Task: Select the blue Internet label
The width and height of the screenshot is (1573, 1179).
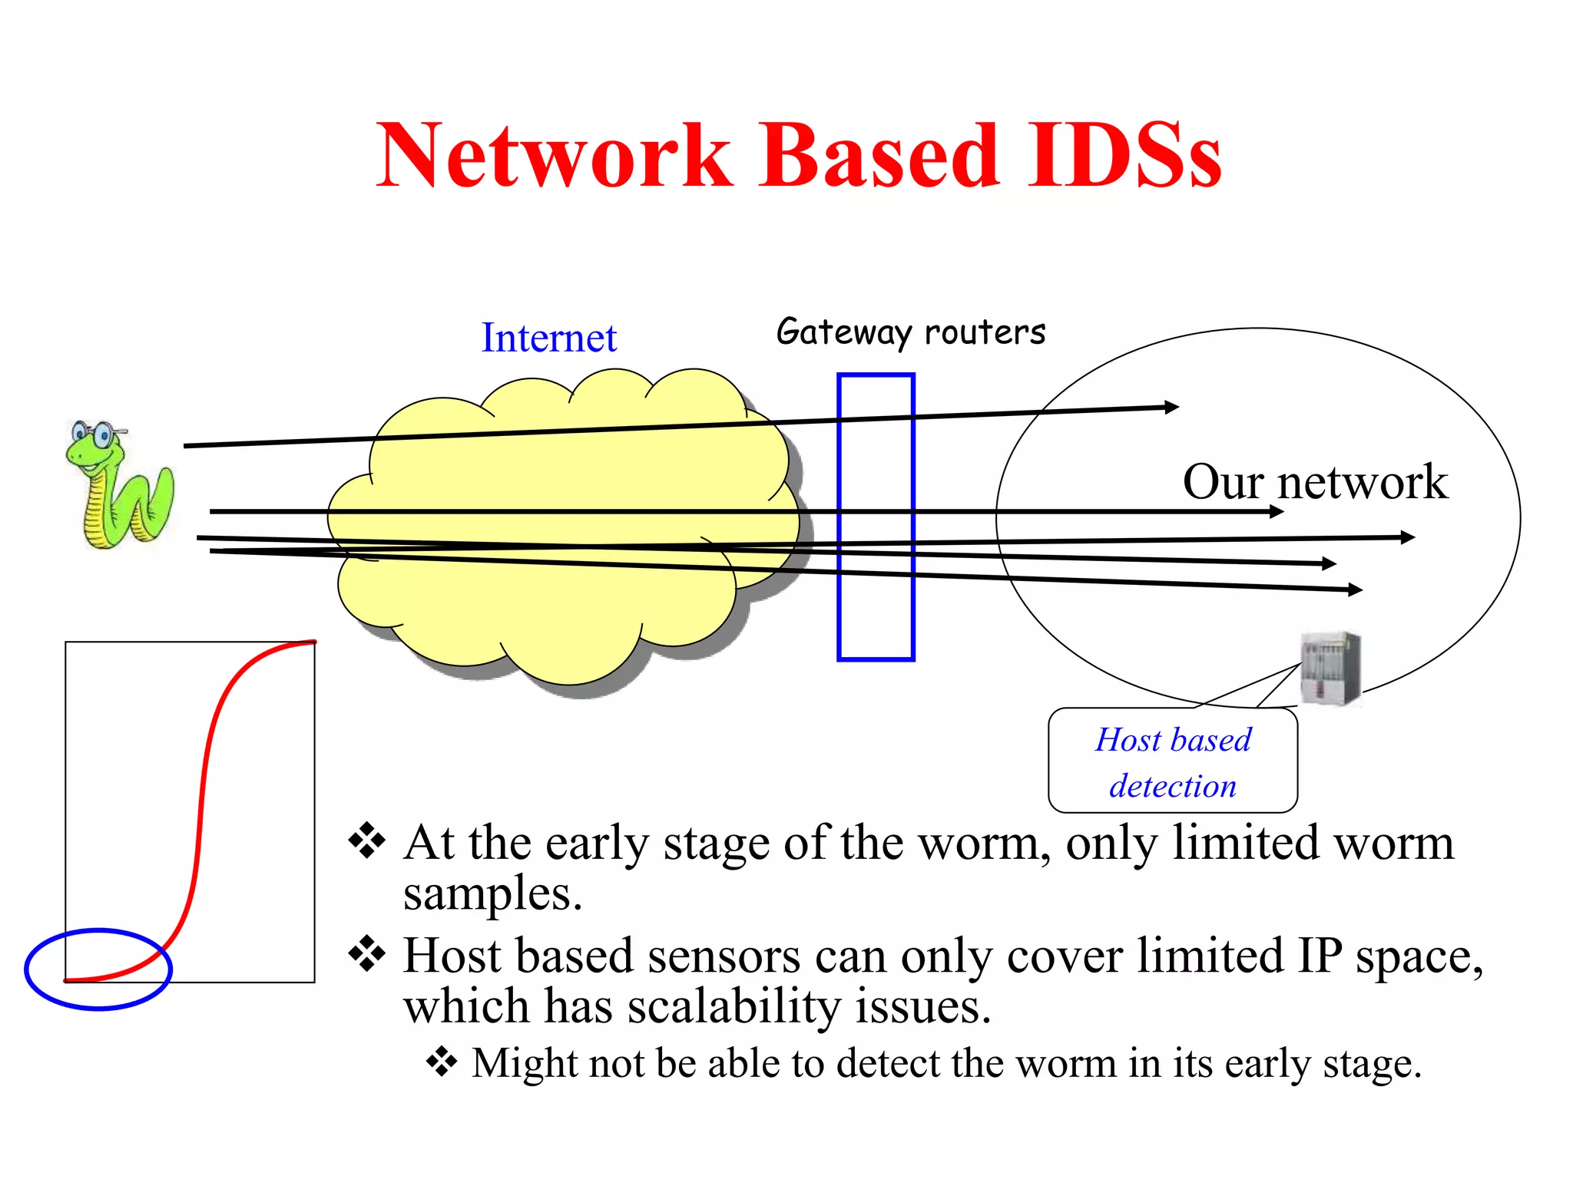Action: (548, 338)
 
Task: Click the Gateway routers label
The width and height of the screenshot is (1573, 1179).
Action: (911, 332)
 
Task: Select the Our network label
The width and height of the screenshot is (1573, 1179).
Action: (1315, 482)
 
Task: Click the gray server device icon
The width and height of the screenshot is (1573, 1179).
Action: (1330, 668)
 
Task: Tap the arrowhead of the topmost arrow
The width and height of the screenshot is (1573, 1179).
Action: (1172, 407)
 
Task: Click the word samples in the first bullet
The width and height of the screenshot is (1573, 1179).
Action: (492, 895)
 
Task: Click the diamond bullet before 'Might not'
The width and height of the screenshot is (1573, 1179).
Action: (442, 1062)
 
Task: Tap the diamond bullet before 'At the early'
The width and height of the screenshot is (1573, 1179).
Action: (367, 841)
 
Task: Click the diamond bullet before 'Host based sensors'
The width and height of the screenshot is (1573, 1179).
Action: (367, 954)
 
